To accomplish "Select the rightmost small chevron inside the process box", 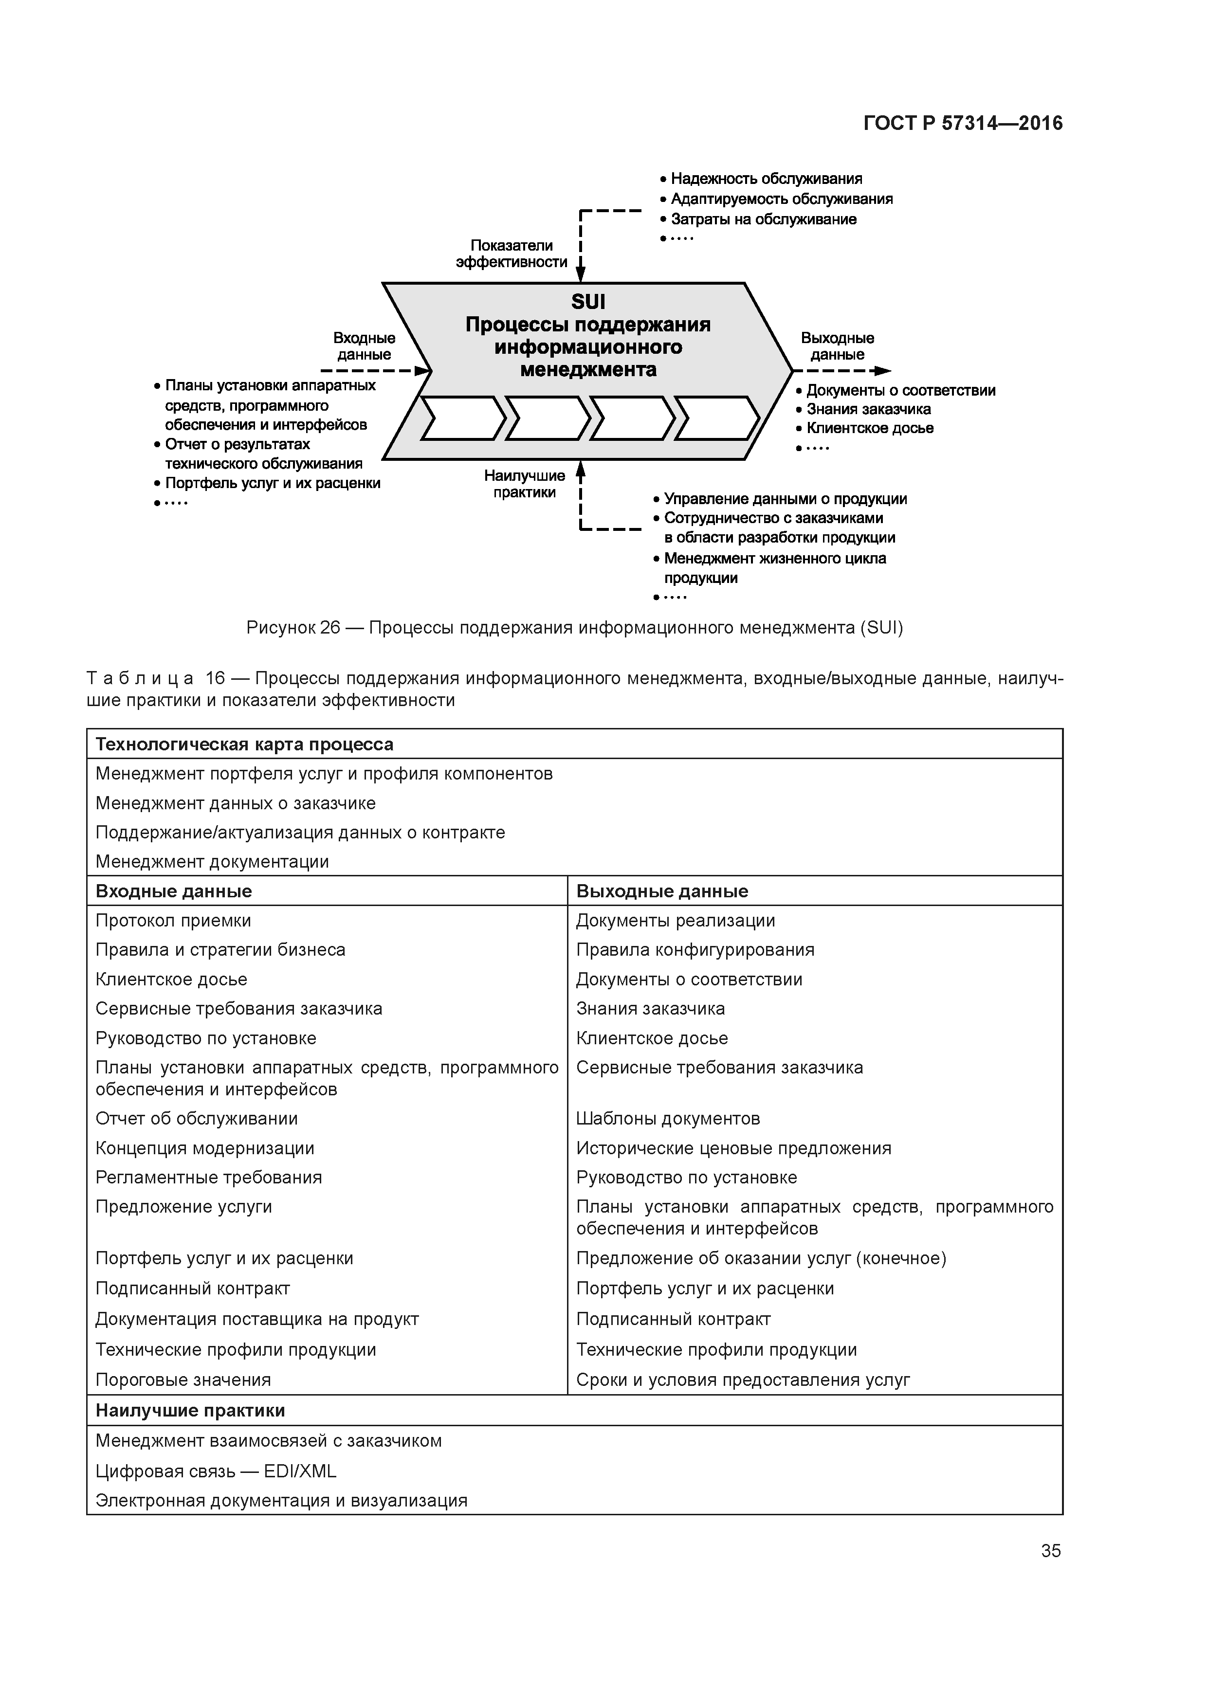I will point(716,418).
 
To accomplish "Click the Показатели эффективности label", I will point(512,254).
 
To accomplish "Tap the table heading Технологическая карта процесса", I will point(245,744).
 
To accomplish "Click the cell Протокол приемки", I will point(173,921).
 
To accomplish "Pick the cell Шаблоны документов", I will point(668,1119).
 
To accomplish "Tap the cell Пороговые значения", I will point(183,1380).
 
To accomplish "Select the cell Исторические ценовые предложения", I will point(733,1149).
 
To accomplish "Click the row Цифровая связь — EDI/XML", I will point(216,1471).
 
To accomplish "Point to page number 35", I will point(1051,1551).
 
